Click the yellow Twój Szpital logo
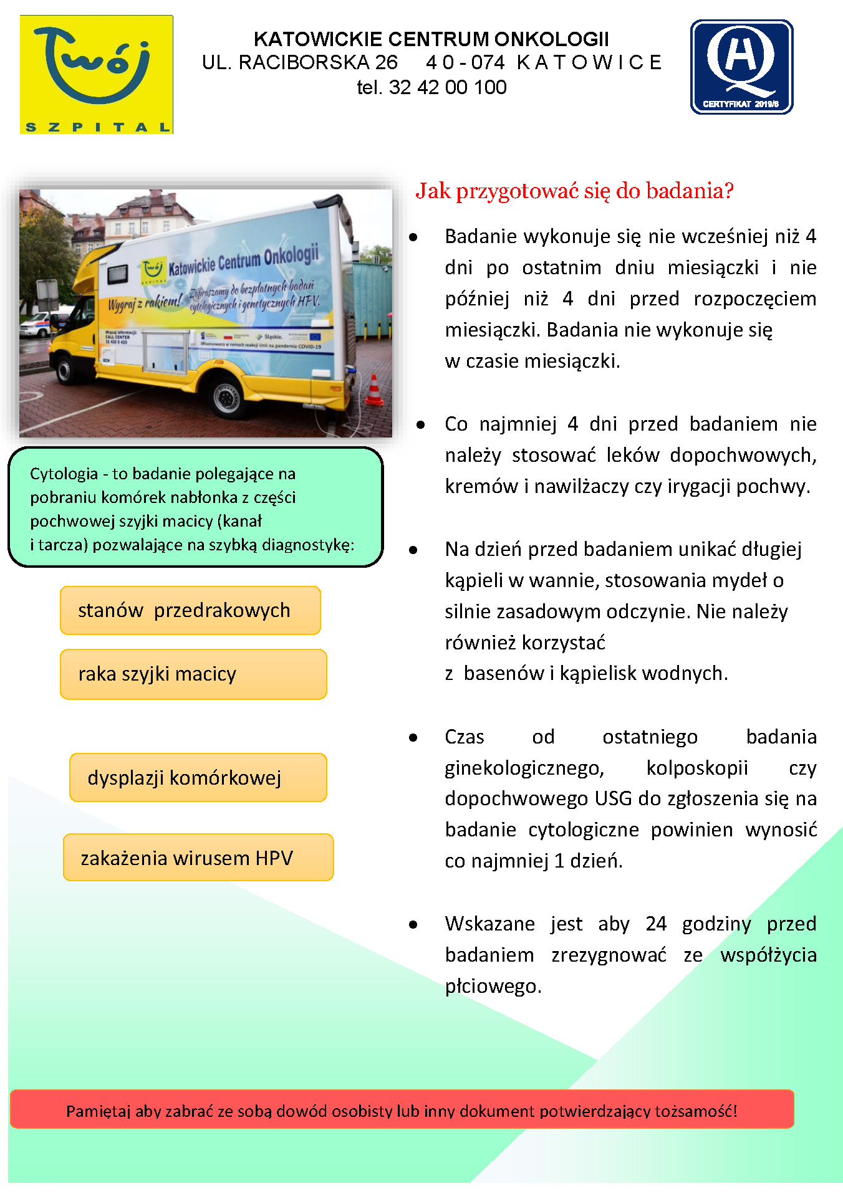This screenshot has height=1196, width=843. (97, 74)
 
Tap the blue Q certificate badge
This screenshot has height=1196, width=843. (741, 67)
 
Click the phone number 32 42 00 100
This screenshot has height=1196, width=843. (448, 87)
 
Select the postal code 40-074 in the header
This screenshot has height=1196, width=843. (465, 62)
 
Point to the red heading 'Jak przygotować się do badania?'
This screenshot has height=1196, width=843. (574, 191)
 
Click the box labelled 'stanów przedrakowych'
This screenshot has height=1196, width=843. (190, 610)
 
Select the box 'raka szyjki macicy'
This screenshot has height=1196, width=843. (193, 674)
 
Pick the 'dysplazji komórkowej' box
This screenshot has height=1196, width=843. (198, 777)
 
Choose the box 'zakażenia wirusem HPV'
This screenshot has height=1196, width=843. (198, 858)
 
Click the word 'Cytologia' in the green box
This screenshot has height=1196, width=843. (64, 474)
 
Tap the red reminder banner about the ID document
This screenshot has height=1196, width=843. (402, 1111)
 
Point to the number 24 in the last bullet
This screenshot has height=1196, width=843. (656, 923)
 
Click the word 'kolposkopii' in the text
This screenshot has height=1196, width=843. (696, 767)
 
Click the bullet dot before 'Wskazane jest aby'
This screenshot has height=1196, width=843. (413, 925)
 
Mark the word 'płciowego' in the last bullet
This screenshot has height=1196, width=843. (493, 986)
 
